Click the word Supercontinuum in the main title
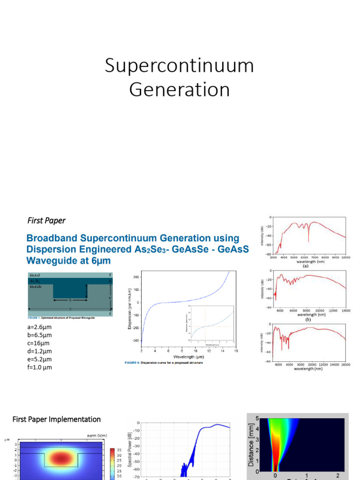point(180,66)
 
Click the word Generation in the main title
point(180,90)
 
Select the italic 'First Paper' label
point(46,220)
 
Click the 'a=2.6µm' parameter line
point(39,327)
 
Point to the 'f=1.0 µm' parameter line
point(40,367)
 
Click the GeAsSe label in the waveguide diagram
point(37,286)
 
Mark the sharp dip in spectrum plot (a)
point(308,240)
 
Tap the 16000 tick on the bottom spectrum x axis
point(345,364)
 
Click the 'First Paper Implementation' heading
point(56,419)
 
